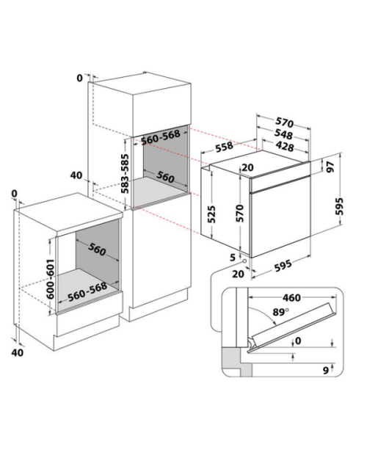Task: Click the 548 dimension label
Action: click(283, 134)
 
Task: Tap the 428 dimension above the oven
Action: click(285, 146)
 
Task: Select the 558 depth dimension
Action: click(224, 146)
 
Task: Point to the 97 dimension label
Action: click(330, 167)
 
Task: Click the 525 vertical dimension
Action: click(212, 214)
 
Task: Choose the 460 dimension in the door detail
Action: click(291, 298)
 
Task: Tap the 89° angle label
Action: click(281, 312)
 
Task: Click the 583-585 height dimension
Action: click(125, 173)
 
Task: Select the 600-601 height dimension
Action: click(51, 279)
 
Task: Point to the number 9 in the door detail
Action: click(326, 370)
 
